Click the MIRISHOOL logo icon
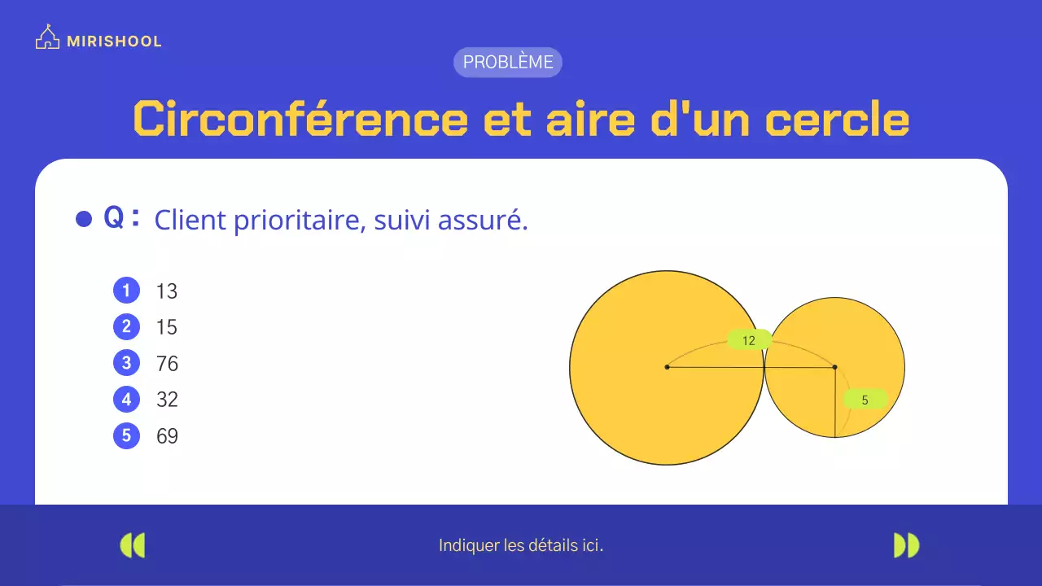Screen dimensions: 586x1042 47,38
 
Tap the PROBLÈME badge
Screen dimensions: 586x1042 508,62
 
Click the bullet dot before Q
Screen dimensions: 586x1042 84,219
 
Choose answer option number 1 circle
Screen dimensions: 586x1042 126,291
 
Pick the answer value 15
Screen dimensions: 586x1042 167,327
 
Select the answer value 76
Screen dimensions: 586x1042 167,363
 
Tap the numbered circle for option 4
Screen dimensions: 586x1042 126,400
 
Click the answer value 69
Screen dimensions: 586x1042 167,435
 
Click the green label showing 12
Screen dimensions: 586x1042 749,341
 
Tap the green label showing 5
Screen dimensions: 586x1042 865,400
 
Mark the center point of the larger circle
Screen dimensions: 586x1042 667,367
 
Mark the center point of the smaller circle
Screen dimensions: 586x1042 834,367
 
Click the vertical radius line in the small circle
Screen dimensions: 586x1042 835,415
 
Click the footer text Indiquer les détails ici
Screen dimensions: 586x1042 521,545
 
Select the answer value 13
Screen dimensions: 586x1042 167,291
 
